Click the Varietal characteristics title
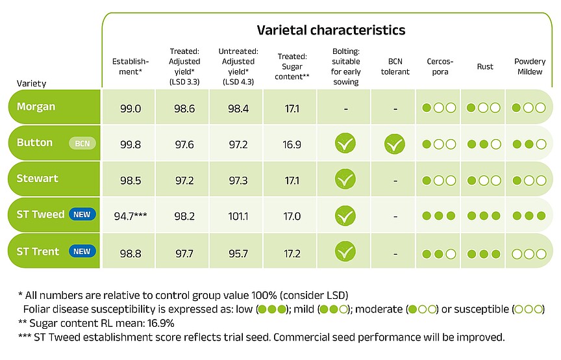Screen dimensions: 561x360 pyautogui.click(x=331, y=30)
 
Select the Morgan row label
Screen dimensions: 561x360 pyautogui.click(x=36, y=107)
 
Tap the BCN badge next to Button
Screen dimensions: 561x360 pyautogui.click(x=82, y=143)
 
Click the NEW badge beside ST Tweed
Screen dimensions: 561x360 pyautogui.click(x=82, y=214)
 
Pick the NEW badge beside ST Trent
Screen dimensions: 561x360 pyautogui.click(x=82, y=251)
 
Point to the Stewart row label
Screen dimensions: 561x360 pyautogui.click(x=37, y=178)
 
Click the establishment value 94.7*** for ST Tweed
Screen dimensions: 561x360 pyautogui.click(x=131, y=216)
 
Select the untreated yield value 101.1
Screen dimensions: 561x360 pyautogui.click(x=238, y=216)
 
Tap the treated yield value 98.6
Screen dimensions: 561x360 pyautogui.click(x=184, y=109)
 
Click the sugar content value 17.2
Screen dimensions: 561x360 pyautogui.click(x=292, y=253)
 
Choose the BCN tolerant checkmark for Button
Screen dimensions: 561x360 pyautogui.click(x=395, y=144)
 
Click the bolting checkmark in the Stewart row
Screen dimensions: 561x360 pyautogui.click(x=345, y=179)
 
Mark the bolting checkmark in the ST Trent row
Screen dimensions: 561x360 pyautogui.click(x=345, y=251)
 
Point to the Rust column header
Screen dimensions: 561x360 pyautogui.click(x=485, y=67)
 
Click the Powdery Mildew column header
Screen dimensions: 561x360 pyautogui.click(x=530, y=67)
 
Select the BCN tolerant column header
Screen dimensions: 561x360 pyautogui.click(x=395, y=67)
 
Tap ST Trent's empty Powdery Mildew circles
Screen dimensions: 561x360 pyautogui.click(x=529, y=254)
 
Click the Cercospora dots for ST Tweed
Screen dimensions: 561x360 pyautogui.click(x=439, y=216)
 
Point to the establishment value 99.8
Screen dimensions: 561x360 pyautogui.click(x=131, y=144)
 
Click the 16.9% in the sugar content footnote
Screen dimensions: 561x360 pyautogui.click(x=160, y=323)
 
